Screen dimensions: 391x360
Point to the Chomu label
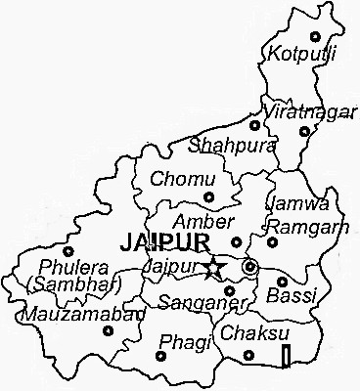176,179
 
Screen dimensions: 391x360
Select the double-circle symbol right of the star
251,267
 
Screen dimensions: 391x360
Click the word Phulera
68,266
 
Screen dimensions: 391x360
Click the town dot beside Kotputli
315,36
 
